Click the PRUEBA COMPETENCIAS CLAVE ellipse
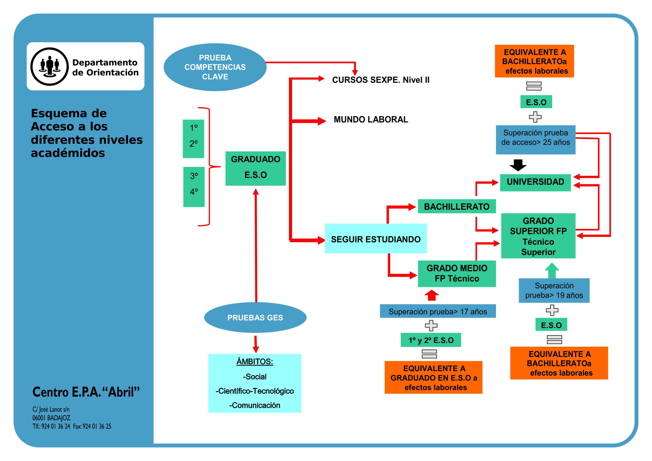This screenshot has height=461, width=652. pos(215,67)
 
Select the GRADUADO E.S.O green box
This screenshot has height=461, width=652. pos(255,168)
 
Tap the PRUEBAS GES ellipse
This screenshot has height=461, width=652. pos(255,317)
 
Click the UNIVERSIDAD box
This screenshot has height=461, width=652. pos(535,182)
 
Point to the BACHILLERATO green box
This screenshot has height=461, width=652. pos(456,206)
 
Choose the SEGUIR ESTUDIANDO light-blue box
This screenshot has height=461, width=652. pos(375,239)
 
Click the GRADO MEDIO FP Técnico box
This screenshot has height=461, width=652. pos(457,273)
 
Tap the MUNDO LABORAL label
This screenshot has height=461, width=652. pos(371,120)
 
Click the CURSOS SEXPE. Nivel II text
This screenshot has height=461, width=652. pos(380,80)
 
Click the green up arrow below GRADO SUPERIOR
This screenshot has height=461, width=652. pos(552,270)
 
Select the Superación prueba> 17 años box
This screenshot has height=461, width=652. pos(437,311)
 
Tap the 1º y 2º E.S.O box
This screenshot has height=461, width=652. pos(430,340)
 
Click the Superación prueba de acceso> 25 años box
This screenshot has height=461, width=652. pos(535,140)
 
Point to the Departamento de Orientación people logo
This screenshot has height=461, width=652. pos(50,66)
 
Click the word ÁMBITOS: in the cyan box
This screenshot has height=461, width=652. pos(254,361)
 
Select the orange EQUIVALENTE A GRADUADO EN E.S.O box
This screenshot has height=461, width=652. pos(433,377)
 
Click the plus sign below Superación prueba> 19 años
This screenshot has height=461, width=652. pos(552,310)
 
